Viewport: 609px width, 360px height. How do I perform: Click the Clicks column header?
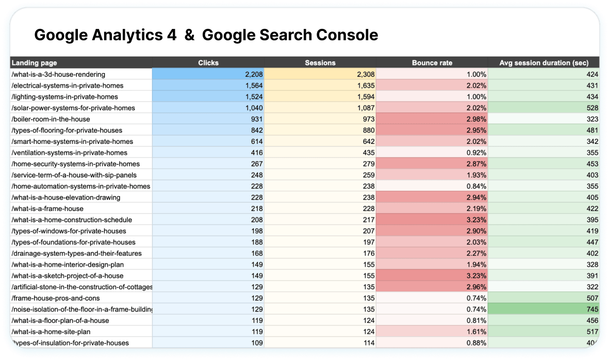click(x=208, y=63)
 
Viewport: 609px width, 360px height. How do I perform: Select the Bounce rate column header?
click(x=432, y=63)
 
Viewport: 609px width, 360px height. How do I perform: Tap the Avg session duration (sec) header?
click(x=544, y=63)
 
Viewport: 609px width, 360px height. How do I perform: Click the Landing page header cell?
click(x=35, y=63)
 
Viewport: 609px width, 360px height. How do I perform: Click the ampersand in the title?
click(x=189, y=35)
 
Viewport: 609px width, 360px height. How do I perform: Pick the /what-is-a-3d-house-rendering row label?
click(x=58, y=74)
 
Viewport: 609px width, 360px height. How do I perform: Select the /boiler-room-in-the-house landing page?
click(x=51, y=119)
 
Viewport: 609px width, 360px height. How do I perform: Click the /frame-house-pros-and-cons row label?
click(x=55, y=298)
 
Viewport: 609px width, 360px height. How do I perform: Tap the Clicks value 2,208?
click(x=254, y=74)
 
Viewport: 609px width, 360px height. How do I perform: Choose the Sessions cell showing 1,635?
click(x=365, y=86)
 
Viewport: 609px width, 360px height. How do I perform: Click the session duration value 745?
click(x=592, y=309)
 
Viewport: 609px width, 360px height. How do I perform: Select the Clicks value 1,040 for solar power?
click(x=254, y=108)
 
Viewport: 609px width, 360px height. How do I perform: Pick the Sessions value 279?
click(x=368, y=164)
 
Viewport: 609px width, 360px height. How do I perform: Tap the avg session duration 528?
click(x=592, y=108)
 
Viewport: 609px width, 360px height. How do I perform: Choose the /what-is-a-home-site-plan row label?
click(x=52, y=332)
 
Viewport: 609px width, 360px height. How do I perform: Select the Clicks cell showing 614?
click(x=257, y=141)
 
